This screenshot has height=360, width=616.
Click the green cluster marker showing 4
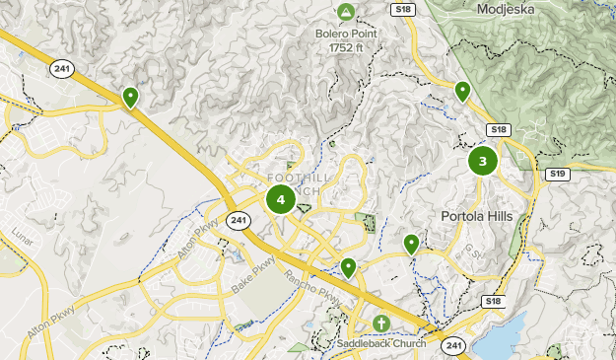(x=281, y=199)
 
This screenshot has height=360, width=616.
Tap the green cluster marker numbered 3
(x=483, y=161)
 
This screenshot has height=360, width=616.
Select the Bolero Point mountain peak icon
(x=346, y=13)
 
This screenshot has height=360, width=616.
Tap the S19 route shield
(x=559, y=174)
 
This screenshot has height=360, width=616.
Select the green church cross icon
(x=381, y=323)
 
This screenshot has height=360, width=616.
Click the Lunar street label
(x=23, y=240)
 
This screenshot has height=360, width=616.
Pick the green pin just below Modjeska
(x=462, y=92)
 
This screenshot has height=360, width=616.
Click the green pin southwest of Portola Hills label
(x=411, y=244)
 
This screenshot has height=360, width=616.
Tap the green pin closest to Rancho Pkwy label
(x=348, y=267)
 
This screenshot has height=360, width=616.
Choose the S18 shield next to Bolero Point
(x=401, y=10)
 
